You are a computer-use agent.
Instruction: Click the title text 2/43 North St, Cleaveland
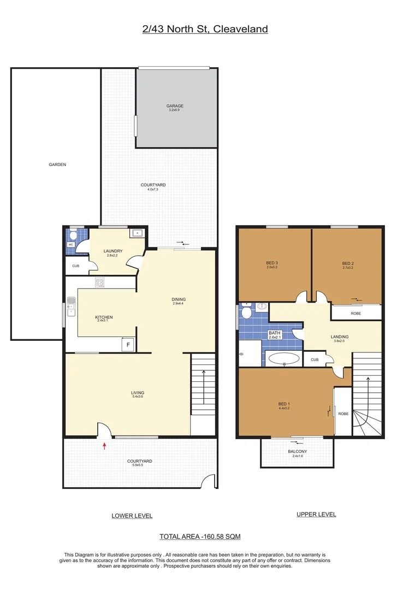(205, 29)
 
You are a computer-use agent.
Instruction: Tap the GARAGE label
(175, 106)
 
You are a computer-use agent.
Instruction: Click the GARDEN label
(57, 164)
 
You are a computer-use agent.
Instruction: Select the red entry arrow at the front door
(104, 446)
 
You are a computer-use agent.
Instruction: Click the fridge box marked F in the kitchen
(128, 345)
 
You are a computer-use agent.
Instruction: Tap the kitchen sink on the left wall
(71, 306)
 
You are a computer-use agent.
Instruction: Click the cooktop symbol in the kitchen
(100, 282)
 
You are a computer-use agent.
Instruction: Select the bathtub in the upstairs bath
(283, 359)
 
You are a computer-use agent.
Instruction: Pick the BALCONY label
(298, 451)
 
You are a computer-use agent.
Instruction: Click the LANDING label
(340, 337)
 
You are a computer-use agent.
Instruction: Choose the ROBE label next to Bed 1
(343, 414)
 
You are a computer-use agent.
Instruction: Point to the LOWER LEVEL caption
(132, 516)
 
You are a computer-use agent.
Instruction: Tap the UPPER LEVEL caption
(316, 515)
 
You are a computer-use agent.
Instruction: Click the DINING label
(179, 299)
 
